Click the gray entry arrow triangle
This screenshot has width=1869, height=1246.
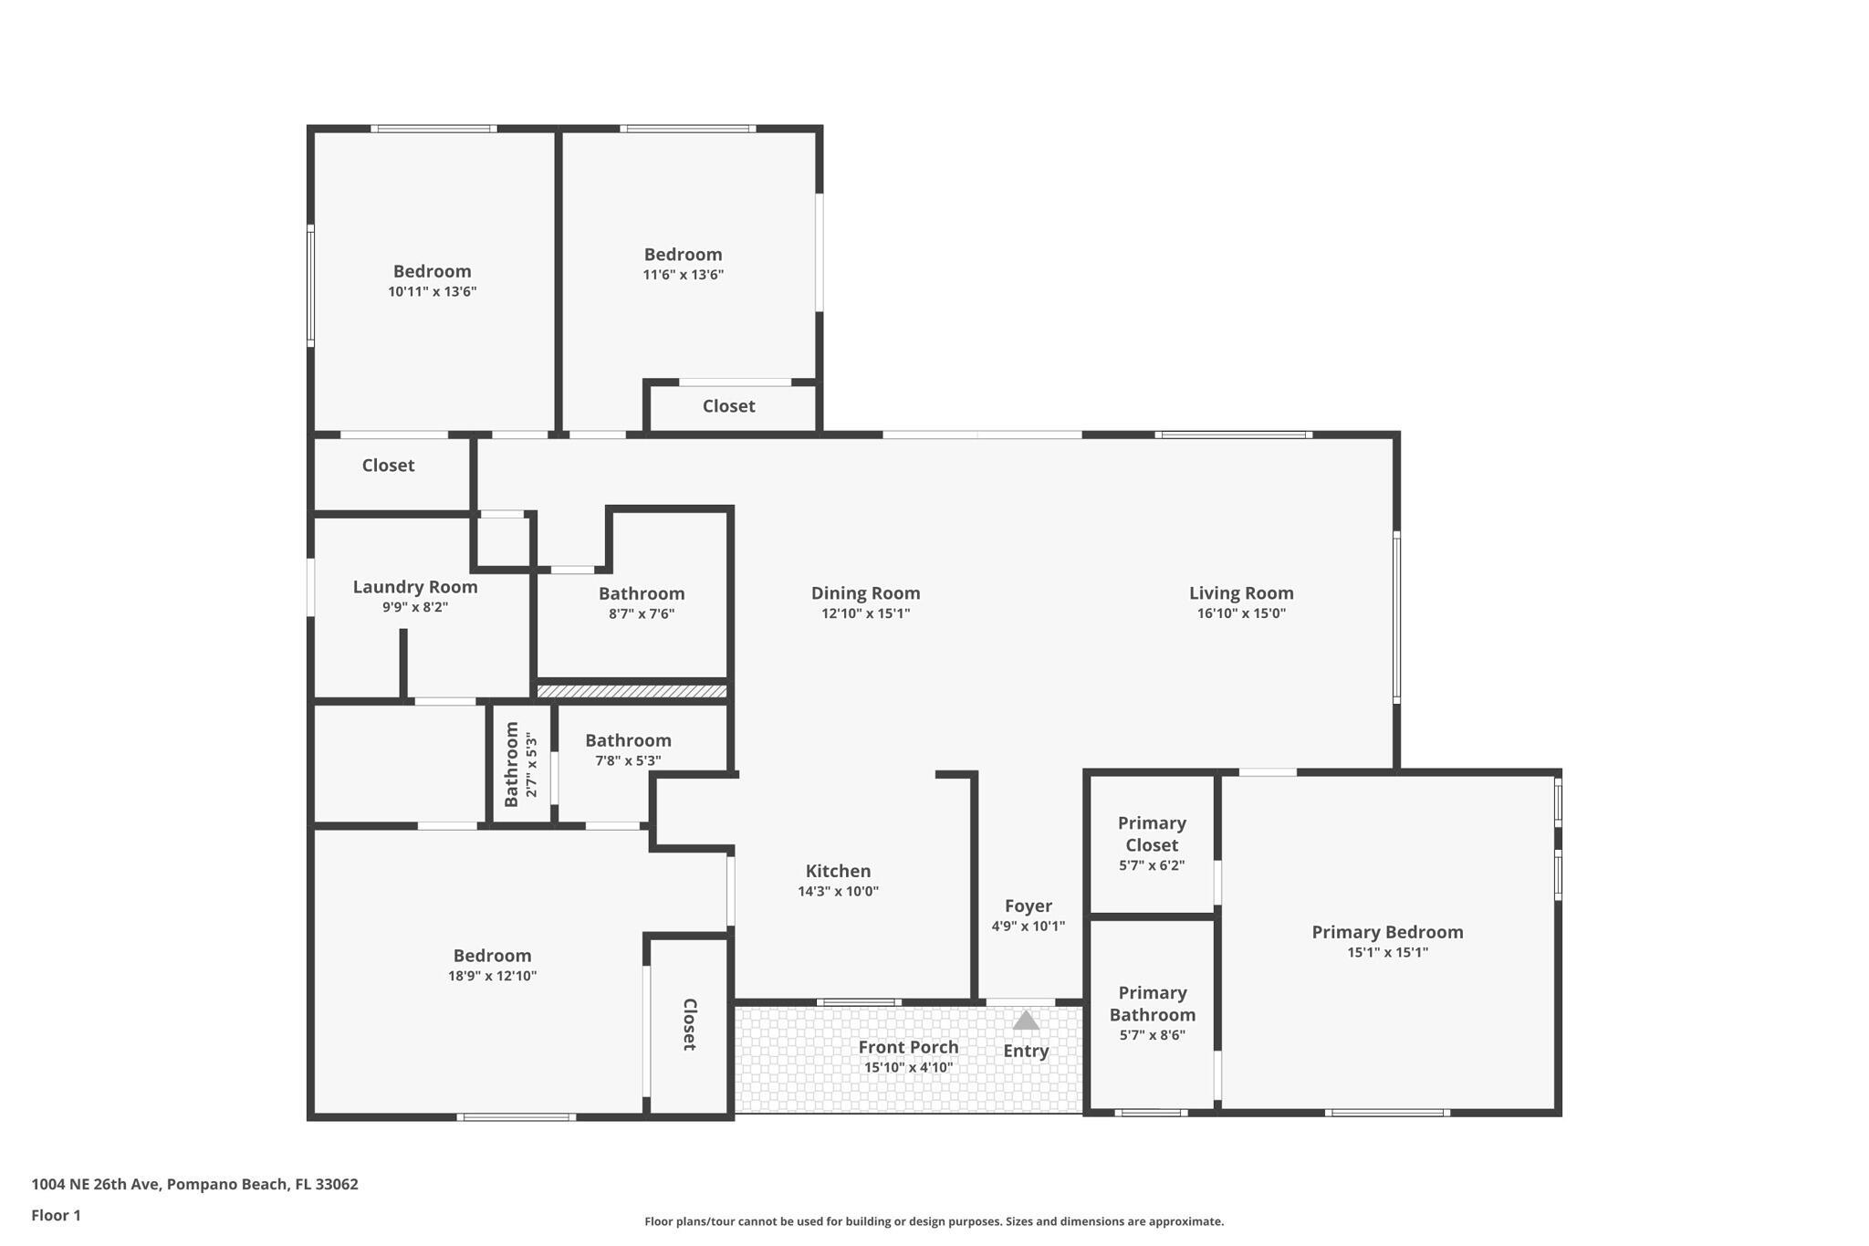tap(1026, 1021)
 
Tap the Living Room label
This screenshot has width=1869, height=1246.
tap(1241, 593)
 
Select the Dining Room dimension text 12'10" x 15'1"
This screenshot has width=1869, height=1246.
tap(865, 613)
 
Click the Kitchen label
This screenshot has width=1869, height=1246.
tap(838, 871)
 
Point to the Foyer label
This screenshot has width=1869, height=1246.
tap(1028, 906)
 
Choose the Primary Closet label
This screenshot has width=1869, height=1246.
tap(1152, 834)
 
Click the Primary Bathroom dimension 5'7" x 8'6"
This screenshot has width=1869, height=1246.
tap(1153, 1035)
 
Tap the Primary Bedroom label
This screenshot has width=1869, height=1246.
tap(1387, 932)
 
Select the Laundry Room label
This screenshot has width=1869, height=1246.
tap(415, 587)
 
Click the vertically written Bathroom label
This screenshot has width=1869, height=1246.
tap(511, 765)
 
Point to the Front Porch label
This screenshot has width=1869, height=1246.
tap(908, 1047)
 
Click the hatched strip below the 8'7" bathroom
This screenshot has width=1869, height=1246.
tap(632, 692)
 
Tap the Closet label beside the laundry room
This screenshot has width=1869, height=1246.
tap(388, 466)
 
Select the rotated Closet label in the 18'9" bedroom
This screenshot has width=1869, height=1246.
tap(690, 1024)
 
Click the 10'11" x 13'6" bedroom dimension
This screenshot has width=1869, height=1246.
tap(432, 292)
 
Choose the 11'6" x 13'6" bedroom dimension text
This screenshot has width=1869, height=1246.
tap(683, 275)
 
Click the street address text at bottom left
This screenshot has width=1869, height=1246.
tap(194, 1184)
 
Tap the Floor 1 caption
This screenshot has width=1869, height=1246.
tap(56, 1215)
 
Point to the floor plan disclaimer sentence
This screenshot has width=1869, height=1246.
tap(934, 1221)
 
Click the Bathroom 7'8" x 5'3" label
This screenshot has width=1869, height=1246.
tap(628, 740)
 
